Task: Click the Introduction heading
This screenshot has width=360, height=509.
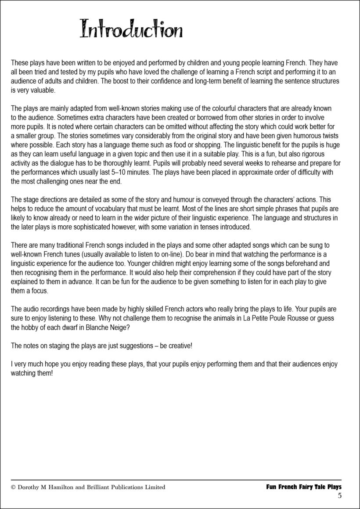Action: [131, 30]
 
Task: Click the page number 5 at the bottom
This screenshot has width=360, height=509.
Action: [339, 496]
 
